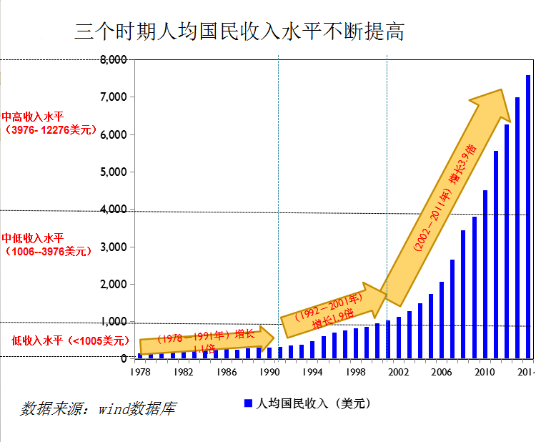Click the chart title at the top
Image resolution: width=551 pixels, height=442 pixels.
[x=239, y=32]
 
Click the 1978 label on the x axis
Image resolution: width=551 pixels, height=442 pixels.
[x=141, y=373]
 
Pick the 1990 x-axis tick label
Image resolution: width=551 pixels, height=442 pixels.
[x=269, y=373]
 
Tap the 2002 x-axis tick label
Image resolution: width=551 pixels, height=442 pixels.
[x=398, y=373]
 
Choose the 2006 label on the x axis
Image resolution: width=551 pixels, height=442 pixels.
[x=442, y=373]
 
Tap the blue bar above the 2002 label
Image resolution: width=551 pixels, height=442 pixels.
[x=399, y=337]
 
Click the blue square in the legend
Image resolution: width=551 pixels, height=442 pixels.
[x=248, y=403]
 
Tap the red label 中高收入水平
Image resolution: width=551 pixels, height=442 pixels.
[x=33, y=116]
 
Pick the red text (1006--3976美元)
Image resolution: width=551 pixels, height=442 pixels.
[x=49, y=252]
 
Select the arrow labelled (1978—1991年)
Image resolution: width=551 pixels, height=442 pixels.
[x=204, y=338]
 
